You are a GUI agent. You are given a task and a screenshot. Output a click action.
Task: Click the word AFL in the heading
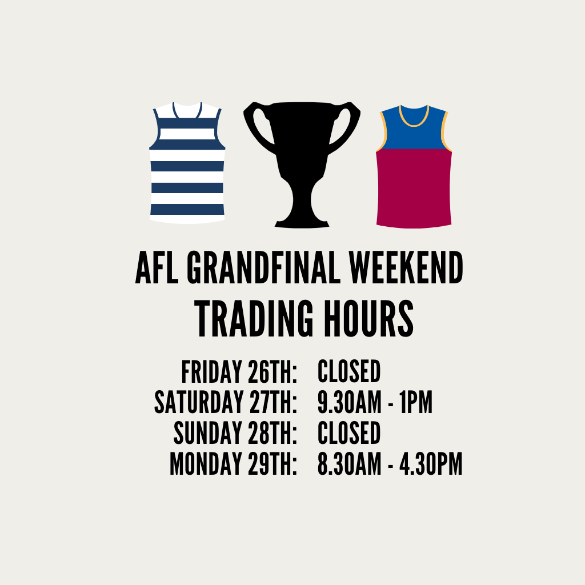(157, 267)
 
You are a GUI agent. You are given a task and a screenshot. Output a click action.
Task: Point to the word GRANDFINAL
(264, 267)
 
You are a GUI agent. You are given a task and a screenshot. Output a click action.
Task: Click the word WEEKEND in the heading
(406, 267)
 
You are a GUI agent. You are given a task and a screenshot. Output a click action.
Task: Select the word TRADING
(254, 319)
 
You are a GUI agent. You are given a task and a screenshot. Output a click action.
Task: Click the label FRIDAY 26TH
(239, 372)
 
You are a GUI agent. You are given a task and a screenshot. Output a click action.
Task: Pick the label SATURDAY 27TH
(226, 403)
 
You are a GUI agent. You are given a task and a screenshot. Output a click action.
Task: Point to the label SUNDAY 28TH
(235, 433)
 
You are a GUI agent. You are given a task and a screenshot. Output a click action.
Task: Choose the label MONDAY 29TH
(234, 464)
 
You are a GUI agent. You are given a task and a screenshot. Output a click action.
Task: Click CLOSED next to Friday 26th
(349, 372)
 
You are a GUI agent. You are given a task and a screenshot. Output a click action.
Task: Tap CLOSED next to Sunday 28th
(349, 433)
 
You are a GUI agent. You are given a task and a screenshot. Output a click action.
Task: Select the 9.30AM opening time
(350, 403)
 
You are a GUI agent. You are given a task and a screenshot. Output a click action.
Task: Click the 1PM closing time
(416, 403)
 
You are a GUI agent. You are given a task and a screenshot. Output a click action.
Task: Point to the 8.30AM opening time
(350, 464)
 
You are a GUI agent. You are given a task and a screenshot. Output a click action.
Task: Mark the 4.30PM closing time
(431, 464)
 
